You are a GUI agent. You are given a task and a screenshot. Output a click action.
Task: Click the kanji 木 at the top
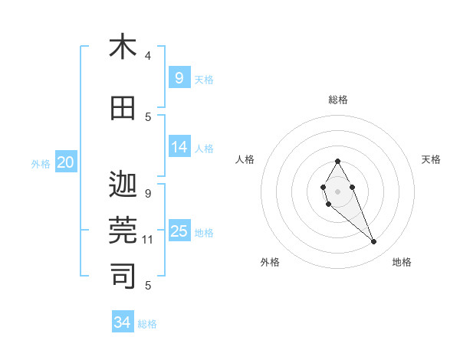123,47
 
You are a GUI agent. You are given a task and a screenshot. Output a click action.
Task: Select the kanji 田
123,108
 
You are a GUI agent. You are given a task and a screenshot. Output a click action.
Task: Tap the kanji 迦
123,185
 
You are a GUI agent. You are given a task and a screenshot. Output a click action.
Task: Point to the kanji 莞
123,231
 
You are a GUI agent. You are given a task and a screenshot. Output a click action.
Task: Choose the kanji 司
123,277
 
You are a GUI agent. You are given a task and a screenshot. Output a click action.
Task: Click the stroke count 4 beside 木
148,55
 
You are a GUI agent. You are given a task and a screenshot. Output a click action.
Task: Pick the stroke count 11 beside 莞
148,240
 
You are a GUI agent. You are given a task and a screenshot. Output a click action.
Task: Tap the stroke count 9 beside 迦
148,193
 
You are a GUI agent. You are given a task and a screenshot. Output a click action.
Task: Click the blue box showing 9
179,77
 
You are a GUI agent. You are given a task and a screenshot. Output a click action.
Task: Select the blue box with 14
179,147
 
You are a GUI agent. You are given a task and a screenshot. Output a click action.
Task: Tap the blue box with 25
179,231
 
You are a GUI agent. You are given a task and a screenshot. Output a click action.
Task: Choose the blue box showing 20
65,162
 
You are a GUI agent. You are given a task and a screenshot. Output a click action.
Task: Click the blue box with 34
122,322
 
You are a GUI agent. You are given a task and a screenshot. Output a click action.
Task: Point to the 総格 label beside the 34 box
147,324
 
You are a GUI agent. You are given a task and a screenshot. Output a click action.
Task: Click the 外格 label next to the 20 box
41,163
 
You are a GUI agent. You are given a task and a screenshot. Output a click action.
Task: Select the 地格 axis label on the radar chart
402,262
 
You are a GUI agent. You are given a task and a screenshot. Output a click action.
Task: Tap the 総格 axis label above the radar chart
337,100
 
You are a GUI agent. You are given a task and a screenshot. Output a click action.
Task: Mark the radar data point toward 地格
374,242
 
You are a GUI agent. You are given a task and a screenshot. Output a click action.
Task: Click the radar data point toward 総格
337,161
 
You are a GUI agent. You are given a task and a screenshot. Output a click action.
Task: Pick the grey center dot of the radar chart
337,190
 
